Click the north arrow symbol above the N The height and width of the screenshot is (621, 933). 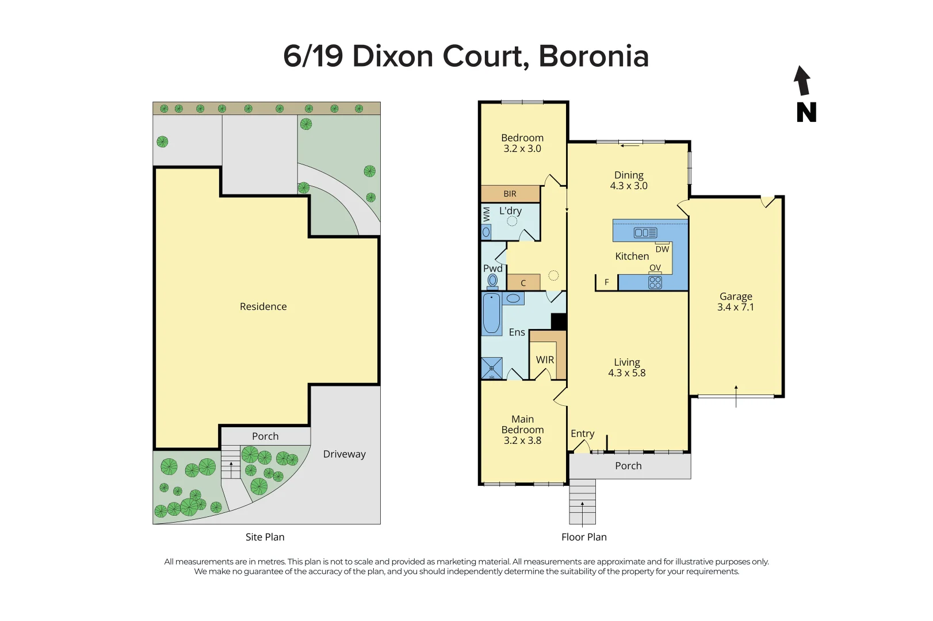click(802, 81)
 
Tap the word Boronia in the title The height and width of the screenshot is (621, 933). click(594, 56)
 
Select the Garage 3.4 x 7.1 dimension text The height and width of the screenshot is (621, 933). click(735, 307)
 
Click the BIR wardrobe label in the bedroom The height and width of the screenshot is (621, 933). click(510, 194)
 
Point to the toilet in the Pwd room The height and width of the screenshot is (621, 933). click(492, 281)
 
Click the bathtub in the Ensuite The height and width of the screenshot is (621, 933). click(491, 313)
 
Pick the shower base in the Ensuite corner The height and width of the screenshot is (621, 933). click(492, 368)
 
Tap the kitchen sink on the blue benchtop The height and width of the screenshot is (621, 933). click(645, 233)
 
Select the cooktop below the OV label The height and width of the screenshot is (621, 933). click(655, 282)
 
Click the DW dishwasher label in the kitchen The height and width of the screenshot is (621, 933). click(662, 249)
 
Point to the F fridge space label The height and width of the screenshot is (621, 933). click(606, 282)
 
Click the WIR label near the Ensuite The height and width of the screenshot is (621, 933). click(545, 360)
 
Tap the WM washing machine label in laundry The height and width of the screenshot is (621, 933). click(487, 214)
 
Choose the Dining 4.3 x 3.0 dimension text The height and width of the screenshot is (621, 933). click(629, 186)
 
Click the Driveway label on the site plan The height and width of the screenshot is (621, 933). click(344, 454)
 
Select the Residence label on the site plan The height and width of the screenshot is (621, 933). click(263, 306)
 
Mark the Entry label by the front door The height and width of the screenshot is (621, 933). click(582, 434)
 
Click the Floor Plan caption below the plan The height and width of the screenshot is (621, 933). click(584, 537)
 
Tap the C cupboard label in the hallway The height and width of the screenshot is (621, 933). click(523, 283)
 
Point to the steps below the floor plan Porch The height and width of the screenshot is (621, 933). click(582, 502)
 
